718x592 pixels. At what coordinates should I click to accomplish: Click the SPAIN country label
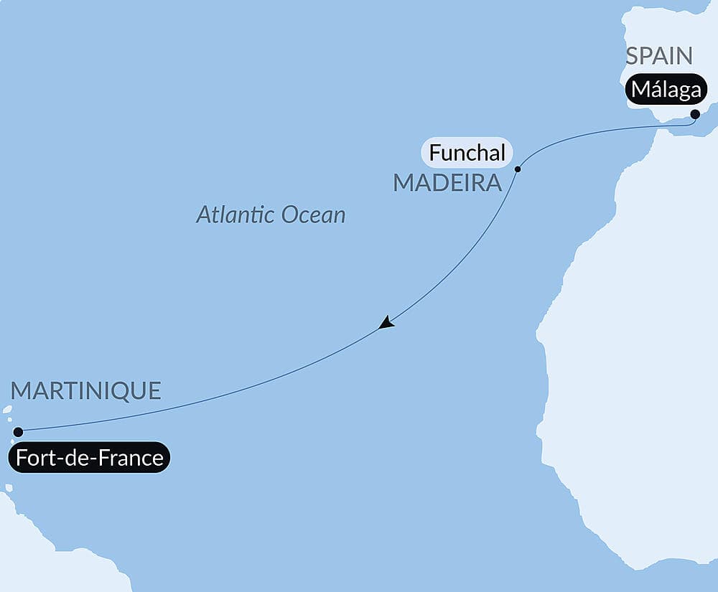[x=658, y=56]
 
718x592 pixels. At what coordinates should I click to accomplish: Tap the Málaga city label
[x=666, y=90]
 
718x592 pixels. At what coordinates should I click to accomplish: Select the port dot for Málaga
[x=695, y=114]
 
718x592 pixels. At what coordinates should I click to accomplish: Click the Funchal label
[x=467, y=153]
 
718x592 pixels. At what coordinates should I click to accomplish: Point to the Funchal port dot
[x=518, y=169]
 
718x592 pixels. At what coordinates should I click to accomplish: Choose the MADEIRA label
[x=447, y=183]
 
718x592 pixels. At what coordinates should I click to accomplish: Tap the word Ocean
[x=313, y=215]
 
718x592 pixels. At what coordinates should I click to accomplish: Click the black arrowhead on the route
[x=386, y=323]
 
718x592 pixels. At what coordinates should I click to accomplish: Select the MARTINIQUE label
[x=85, y=391]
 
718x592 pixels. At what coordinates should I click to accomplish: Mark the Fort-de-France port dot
[x=18, y=432]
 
